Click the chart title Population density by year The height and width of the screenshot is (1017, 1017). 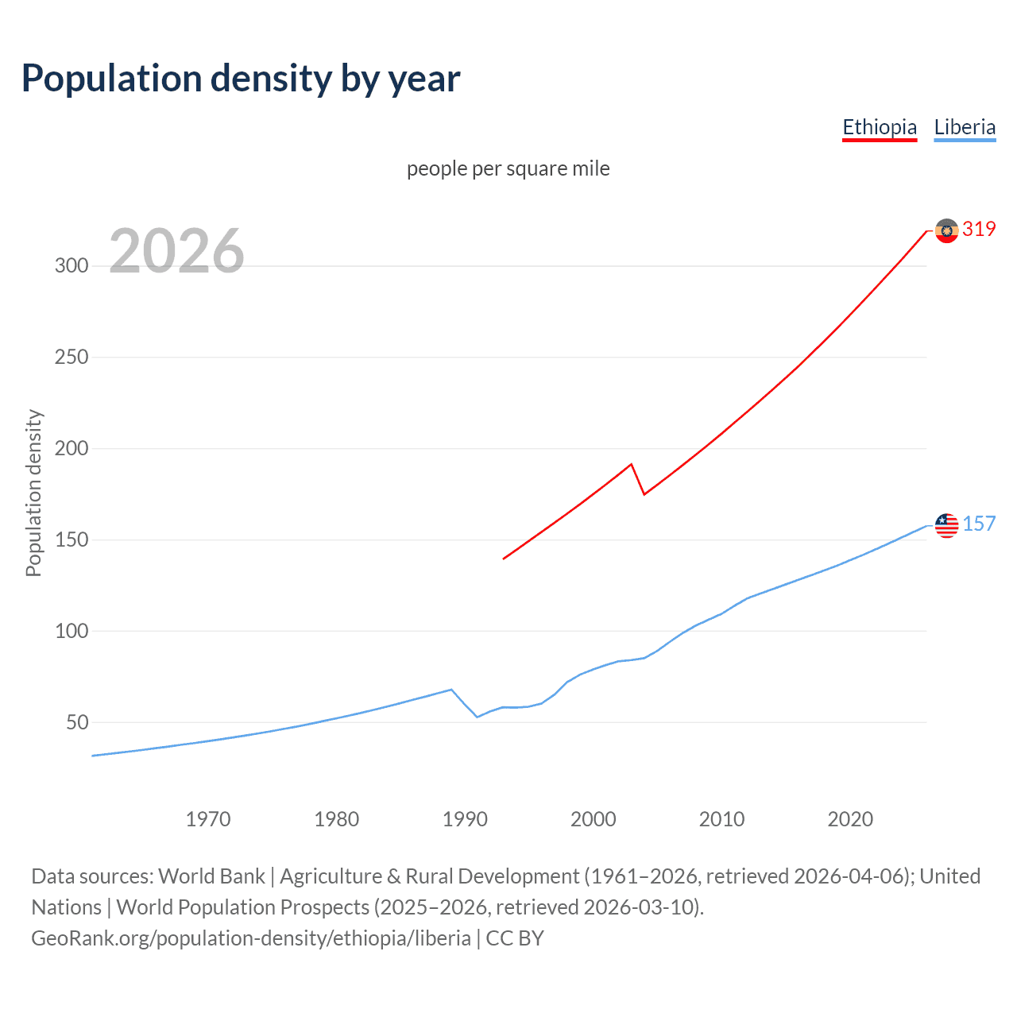[241, 79]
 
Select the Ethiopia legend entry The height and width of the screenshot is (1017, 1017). [880, 127]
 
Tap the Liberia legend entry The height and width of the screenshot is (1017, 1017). [965, 127]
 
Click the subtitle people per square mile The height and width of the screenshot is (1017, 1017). [508, 168]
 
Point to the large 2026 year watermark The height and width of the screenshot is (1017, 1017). [176, 251]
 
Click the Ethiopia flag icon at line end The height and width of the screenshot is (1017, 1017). [946, 230]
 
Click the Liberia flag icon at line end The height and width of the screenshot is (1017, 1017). [946, 525]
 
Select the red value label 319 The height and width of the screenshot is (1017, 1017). [979, 230]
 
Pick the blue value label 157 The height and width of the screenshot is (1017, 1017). [979, 524]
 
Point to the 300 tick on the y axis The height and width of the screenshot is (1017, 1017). [72, 266]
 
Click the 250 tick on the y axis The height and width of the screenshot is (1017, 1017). [72, 358]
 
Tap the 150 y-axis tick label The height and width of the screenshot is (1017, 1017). [72, 540]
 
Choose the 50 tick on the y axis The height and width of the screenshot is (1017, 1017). [77, 723]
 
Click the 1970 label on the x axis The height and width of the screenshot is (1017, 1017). [208, 819]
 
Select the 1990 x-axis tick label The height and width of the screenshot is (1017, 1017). [465, 819]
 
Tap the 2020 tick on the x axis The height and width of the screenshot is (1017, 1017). [850, 819]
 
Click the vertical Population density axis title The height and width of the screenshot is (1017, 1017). [33, 493]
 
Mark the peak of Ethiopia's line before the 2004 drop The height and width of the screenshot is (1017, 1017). [631, 464]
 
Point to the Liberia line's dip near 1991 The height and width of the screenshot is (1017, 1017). [478, 717]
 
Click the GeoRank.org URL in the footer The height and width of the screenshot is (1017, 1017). [251, 938]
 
